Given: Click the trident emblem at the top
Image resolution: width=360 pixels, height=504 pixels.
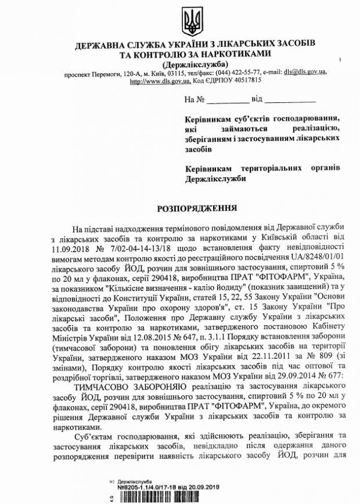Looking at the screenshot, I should [x=190, y=22].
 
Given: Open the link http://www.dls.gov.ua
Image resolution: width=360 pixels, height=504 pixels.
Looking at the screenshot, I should [x=160, y=81].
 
